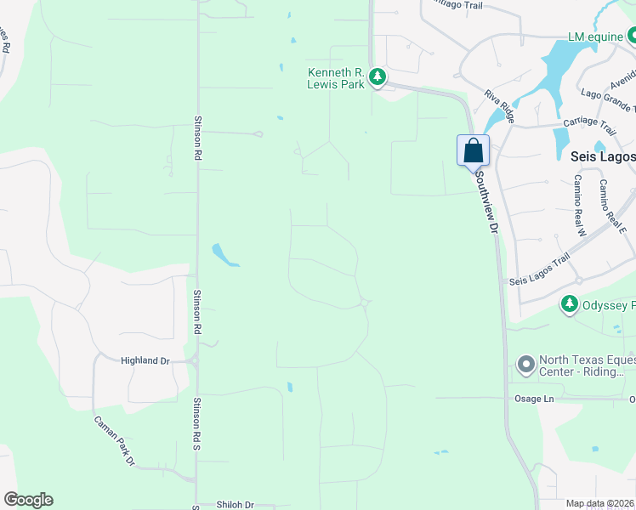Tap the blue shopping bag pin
click(x=473, y=151)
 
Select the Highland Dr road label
click(x=145, y=360)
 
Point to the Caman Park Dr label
click(x=115, y=439)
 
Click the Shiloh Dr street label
click(x=235, y=504)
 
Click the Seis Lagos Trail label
click(x=538, y=271)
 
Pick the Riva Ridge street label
click(x=499, y=107)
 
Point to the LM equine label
click(x=595, y=37)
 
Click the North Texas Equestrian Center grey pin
click(x=525, y=365)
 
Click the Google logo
click(x=28, y=500)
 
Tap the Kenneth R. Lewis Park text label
click(x=336, y=78)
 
